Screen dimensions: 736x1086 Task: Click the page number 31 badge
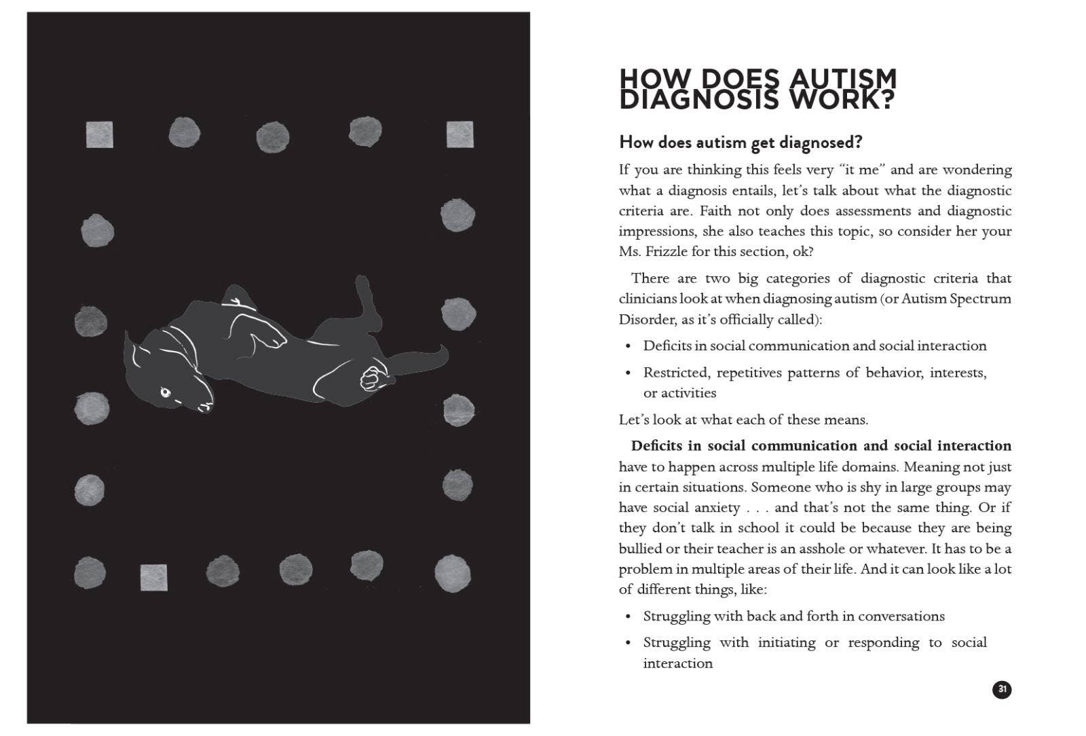[x=1001, y=690]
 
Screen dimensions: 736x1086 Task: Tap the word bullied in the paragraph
[x=639, y=549]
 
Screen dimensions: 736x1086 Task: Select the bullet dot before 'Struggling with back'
[x=629, y=617]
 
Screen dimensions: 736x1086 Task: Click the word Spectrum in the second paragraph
[x=980, y=299]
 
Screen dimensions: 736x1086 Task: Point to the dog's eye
[x=165, y=392]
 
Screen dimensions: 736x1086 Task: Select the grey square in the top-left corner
[x=100, y=134]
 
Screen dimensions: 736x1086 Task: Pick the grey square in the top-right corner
[x=460, y=134]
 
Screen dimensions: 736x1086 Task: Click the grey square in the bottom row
[x=154, y=577]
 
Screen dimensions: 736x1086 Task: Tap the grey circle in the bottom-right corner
[x=452, y=574]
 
